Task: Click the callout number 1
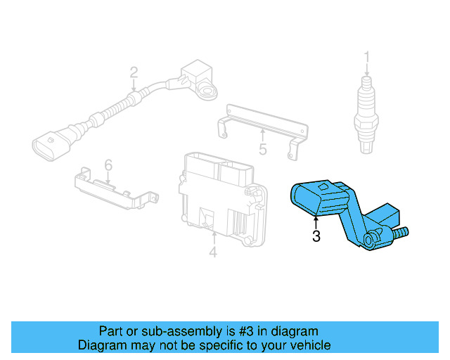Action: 366,56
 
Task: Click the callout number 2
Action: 133,72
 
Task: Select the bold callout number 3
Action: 316,236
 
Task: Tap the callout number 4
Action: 213,251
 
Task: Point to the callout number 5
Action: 262,149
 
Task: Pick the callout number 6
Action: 108,165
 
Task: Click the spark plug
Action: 366,112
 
